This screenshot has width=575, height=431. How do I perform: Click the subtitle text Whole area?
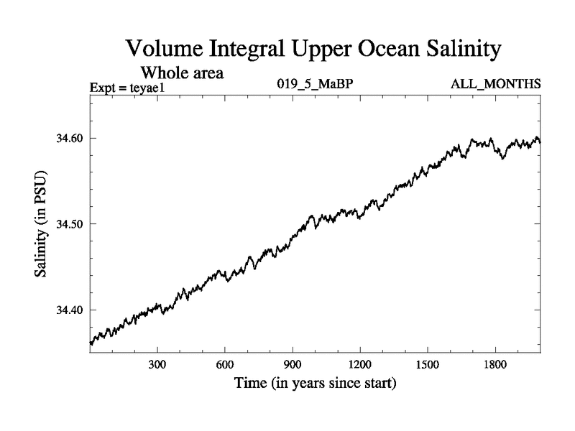tap(183, 73)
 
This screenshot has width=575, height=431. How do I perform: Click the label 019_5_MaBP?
tap(316, 85)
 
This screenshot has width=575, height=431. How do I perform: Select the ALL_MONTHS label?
tap(496, 85)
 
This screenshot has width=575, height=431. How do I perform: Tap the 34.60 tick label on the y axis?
tap(70, 138)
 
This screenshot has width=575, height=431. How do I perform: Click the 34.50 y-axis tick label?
tap(70, 224)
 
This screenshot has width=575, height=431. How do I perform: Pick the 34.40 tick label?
tap(70, 310)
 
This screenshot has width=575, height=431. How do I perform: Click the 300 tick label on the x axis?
tap(157, 364)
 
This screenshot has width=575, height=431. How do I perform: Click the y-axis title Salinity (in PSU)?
tap(42, 223)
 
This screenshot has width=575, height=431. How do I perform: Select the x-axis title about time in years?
tap(316, 384)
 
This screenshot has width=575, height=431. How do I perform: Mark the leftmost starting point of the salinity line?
tap(90, 343)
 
